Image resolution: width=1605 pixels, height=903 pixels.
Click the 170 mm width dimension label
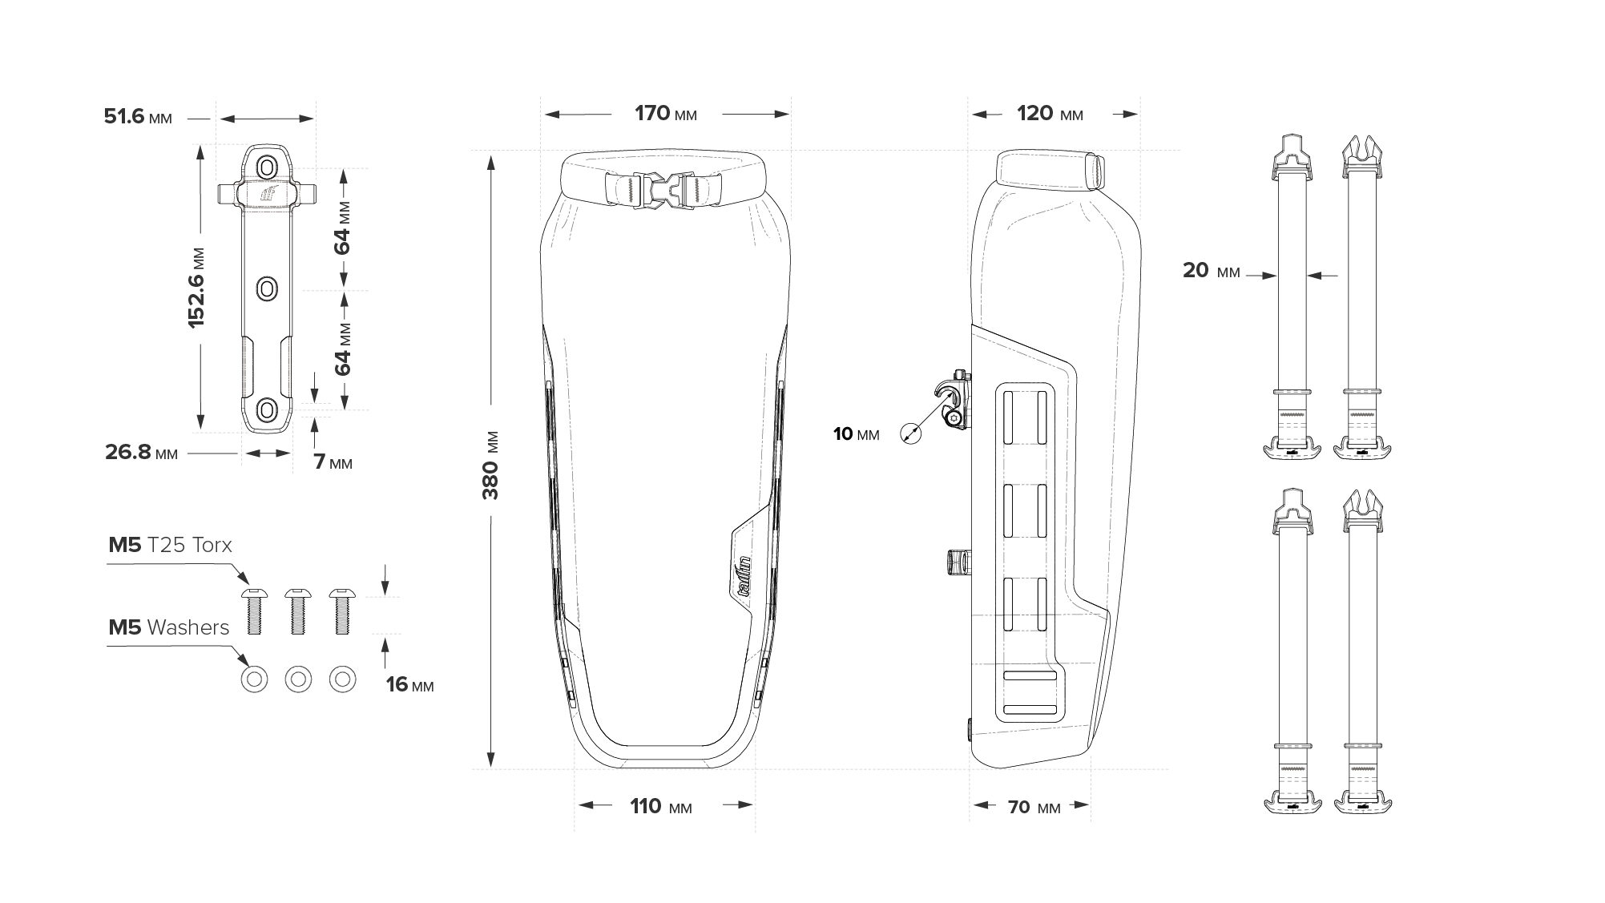(665, 114)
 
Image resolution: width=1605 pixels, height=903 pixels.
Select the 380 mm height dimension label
(490, 465)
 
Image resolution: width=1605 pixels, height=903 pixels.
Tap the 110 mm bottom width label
(660, 806)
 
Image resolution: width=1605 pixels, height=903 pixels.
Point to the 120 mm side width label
(1050, 114)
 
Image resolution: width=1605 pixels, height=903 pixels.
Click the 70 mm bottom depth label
(1033, 807)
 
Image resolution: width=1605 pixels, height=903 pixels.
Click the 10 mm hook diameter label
(856, 434)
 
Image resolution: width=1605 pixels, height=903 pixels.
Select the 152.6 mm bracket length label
(197, 286)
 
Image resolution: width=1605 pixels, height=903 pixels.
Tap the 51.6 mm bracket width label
(138, 117)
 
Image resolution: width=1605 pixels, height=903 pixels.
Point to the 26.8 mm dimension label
(141, 453)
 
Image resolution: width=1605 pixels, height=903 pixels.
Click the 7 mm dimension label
(333, 462)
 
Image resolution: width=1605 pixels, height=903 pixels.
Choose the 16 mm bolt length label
(409, 685)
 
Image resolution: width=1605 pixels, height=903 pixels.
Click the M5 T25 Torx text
(170, 546)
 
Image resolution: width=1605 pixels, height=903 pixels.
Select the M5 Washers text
(168, 627)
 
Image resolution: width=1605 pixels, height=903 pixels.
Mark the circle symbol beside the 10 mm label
(910, 433)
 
